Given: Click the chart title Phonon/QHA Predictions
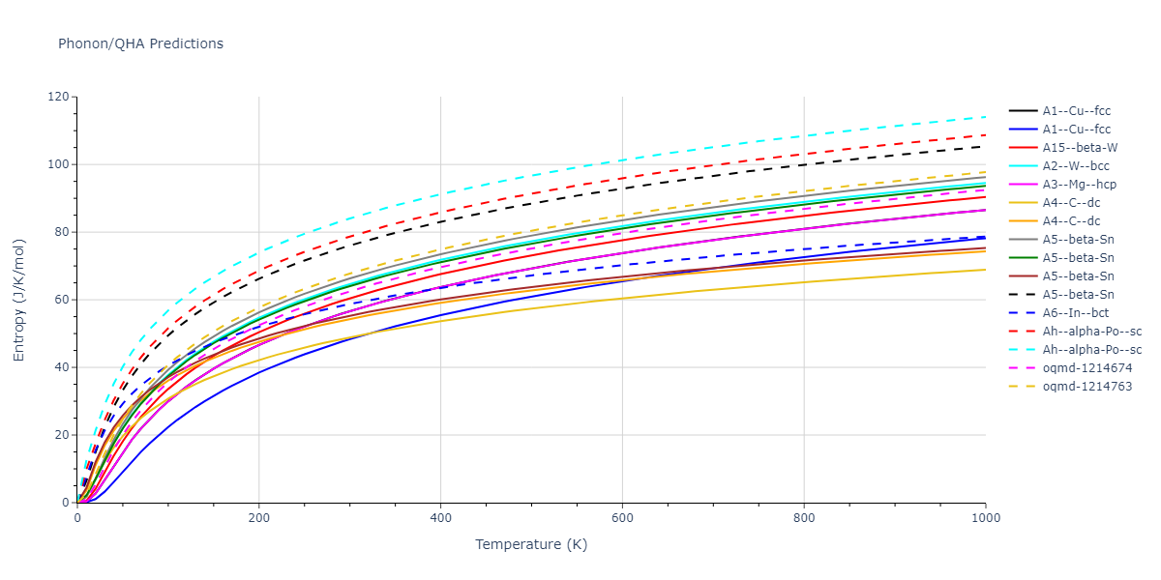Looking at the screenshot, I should pos(140,43).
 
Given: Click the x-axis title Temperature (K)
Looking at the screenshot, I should pos(531,544).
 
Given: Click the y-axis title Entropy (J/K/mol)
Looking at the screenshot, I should pos(19,300).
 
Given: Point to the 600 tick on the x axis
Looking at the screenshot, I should pos(622,518).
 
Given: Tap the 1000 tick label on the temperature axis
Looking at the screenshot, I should pos(985,518).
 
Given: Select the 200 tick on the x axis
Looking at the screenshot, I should pos(258,518).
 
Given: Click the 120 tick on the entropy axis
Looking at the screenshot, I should pos(59,97).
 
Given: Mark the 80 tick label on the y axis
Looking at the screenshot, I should pos(63,232).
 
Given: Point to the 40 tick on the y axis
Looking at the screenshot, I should pos(63,367).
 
